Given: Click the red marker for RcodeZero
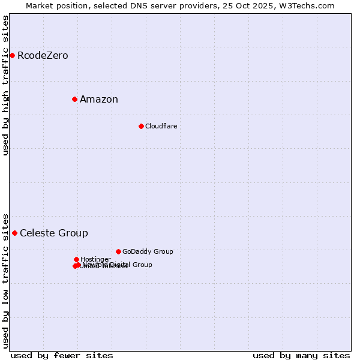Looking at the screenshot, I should point(12,56).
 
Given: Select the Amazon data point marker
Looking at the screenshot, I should point(74,99).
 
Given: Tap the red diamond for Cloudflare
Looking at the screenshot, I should point(141,126).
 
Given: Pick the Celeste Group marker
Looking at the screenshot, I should point(14,233).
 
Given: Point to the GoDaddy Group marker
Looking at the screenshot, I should point(118,251).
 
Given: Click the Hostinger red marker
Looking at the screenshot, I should point(76,259).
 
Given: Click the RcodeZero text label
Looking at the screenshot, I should point(43,56).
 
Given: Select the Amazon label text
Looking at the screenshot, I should point(99,100).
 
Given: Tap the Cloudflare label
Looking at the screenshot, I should point(161,126).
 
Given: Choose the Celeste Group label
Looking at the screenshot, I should point(54,233).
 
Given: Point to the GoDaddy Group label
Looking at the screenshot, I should point(148,251).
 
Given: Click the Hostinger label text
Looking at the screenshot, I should point(95,259).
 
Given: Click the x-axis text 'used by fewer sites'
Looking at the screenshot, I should point(62,355).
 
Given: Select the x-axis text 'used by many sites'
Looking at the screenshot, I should point(301,355).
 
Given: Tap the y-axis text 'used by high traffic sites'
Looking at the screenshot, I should point(6,85).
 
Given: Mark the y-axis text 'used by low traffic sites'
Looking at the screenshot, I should point(6,280).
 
